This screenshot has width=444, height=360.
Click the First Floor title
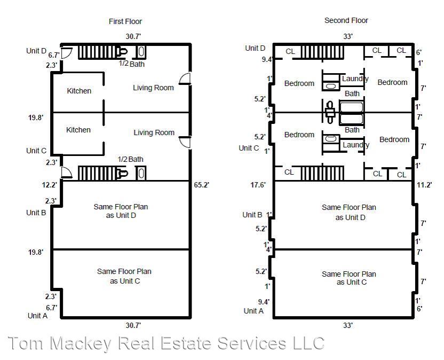[x=125, y=21]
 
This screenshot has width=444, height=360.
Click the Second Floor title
[x=346, y=20]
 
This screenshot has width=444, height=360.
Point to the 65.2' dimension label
[x=201, y=185]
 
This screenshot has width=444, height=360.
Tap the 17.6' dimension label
[x=258, y=185]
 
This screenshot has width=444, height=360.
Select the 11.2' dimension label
[x=424, y=185]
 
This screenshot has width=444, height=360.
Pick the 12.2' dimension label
[x=50, y=185]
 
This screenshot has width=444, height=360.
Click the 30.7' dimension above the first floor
[x=133, y=36]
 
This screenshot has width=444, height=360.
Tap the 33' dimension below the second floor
[x=348, y=325]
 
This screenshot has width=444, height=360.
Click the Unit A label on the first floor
[x=37, y=316]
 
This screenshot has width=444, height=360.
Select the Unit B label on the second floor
[x=252, y=215]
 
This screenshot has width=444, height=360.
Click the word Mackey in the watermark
[x=81, y=343]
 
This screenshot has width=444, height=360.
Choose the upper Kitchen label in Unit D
[x=79, y=91]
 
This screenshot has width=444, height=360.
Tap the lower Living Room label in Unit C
[x=154, y=132]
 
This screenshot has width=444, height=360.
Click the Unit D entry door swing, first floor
[x=67, y=53]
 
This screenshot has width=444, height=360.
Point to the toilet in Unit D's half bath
[x=123, y=52]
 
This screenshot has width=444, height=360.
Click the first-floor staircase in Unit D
[x=98, y=52]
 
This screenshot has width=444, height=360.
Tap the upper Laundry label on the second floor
[x=355, y=79]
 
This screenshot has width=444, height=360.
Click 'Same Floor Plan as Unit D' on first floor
[x=121, y=211]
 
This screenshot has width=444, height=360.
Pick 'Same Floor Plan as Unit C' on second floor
[x=349, y=278]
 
